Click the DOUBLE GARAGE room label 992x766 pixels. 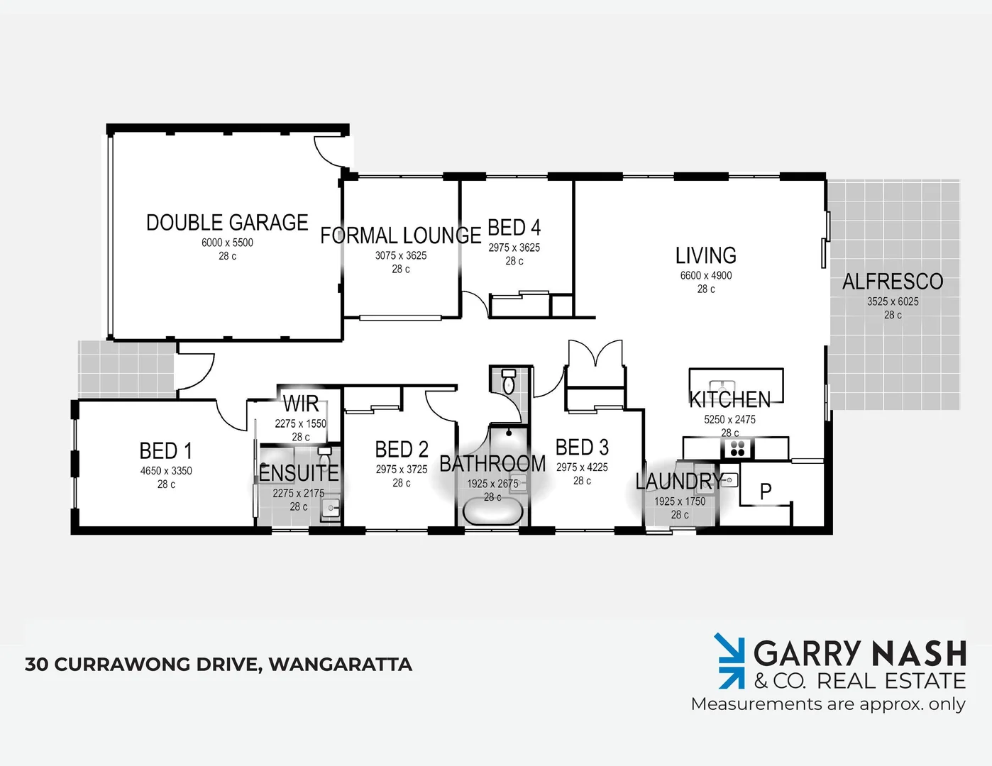click(x=227, y=223)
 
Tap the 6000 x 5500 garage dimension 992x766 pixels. click(x=227, y=243)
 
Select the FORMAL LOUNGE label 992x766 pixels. click(x=400, y=235)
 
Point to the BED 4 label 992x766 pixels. click(x=514, y=228)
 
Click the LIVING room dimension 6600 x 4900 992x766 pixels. click(x=706, y=276)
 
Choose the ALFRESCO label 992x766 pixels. click(x=893, y=282)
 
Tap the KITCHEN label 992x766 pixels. click(x=730, y=399)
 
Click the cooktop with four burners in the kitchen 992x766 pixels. click(x=737, y=448)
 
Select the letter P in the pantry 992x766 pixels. click(x=766, y=491)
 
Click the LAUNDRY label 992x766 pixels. click(x=679, y=482)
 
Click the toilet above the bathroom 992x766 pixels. click(x=509, y=382)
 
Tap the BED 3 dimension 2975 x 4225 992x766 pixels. click(x=582, y=467)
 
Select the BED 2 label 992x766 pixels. click(x=402, y=450)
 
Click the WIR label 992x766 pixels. click(x=301, y=404)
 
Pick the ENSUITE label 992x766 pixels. click(x=299, y=473)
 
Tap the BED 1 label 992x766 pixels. click(x=166, y=451)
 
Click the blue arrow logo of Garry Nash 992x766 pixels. click(x=730, y=661)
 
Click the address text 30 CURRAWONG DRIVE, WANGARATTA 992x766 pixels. click(x=219, y=665)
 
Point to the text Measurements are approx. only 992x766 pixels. click(x=828, y=704)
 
